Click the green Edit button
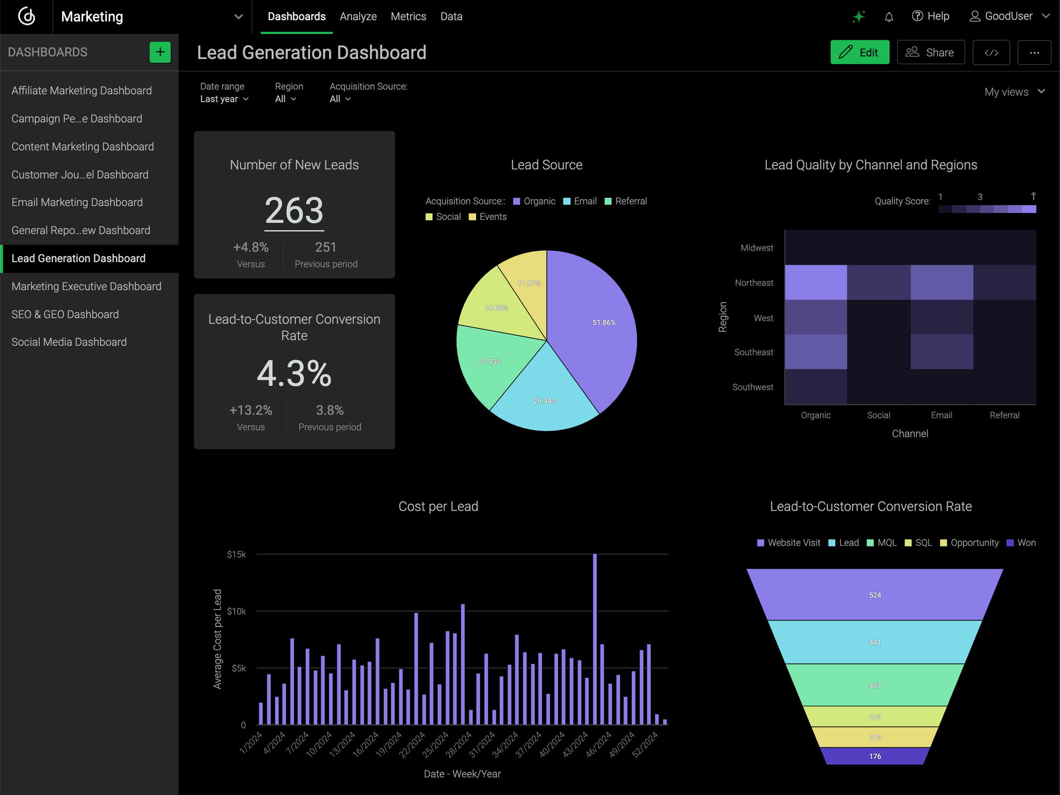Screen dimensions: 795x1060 pos(859,52)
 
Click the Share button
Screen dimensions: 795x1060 pos(930,52)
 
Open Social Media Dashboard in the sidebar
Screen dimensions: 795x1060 pos(69,342)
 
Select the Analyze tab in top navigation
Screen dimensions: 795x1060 pos(358,16)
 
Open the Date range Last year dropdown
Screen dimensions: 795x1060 pos(224,99)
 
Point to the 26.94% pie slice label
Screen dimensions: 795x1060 pos(545,401)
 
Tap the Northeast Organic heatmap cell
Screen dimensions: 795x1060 pos(816,282)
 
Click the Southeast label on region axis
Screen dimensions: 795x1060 pos(753,352)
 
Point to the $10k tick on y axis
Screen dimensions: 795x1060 pos(236,611)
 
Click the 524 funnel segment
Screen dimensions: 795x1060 pos(874,595)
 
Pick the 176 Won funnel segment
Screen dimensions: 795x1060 pos(874,756)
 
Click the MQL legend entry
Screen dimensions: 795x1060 pos(882,543)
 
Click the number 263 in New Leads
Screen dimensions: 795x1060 pos(294,210)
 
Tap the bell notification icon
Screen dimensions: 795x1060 pos(889,16)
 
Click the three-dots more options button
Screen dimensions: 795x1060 pos(1033,52)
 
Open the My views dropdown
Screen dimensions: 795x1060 pos(1014,92)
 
